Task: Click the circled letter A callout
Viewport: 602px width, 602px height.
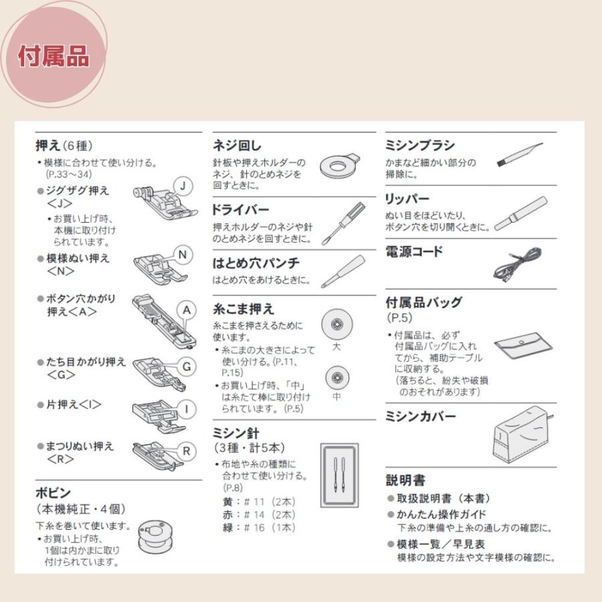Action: tap(188, 310)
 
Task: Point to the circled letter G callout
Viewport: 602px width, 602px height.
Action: tap(187, 367)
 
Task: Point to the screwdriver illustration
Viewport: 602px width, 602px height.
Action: tap(342, 223)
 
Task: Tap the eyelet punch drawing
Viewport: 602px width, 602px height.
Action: tap(341, 271)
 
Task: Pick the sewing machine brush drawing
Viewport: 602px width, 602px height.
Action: tap(518, 155)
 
